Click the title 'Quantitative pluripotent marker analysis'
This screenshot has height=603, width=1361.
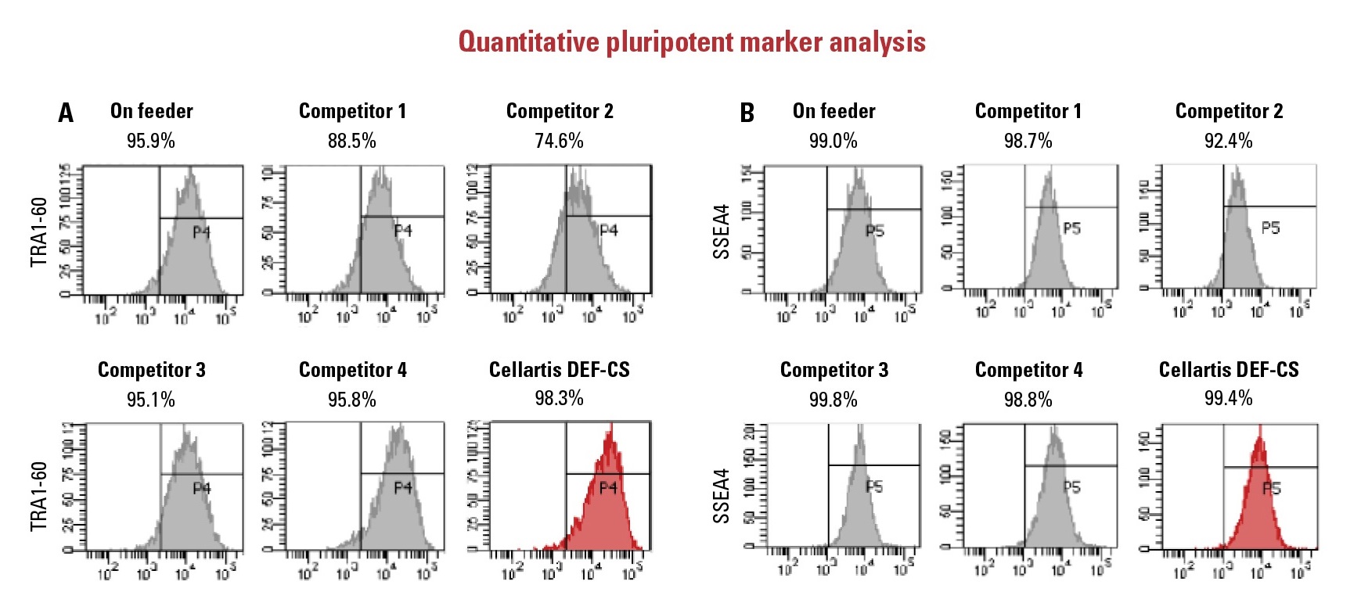[692, 41]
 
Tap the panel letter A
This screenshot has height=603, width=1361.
[66, 113]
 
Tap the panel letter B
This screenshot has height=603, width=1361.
[747, 113]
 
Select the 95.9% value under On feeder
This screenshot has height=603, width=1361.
[151, 141]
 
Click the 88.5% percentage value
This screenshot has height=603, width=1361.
[352, 141]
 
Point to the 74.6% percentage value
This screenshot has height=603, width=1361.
[560, 141]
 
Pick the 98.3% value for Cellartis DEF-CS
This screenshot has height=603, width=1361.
[560, 398]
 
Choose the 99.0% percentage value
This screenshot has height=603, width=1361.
[834, 141]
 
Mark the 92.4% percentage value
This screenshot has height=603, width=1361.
[1229, 141]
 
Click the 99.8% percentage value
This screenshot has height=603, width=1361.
[834, 400]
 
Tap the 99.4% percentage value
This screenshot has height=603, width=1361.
[1229, 398]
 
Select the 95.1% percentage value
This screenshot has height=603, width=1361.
[151, 400]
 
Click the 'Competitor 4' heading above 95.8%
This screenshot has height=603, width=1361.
[353, 370]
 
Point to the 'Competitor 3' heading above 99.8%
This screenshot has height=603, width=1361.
[834, 370]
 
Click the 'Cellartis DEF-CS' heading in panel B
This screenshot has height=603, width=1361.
[1229, 369]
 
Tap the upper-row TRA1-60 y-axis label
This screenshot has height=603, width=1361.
[39, 232]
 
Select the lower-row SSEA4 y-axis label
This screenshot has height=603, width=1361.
[721, 496]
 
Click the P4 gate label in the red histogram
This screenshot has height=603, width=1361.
[608, 488]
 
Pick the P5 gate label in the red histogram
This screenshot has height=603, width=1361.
[1272, 489]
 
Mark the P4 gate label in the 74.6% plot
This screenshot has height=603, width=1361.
[609, 231]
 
